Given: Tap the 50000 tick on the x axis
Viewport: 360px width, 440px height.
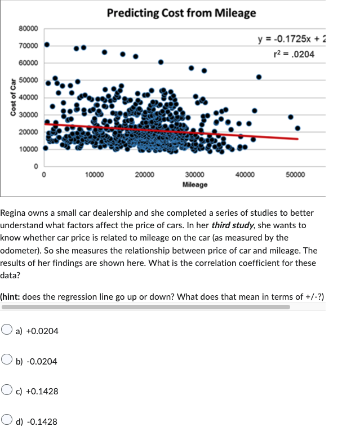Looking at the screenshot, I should coord(295,175).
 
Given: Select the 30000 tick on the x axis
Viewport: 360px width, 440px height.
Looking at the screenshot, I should coord(195,175).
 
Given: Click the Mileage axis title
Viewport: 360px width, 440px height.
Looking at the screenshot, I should coord(195,184).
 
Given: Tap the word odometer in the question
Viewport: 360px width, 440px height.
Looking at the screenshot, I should coord(22,250).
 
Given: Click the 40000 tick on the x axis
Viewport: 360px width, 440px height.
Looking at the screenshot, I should coord(245,175).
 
